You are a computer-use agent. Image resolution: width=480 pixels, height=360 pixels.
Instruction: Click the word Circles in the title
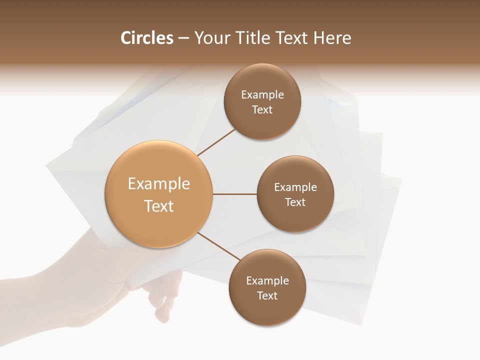(x=146, y=38)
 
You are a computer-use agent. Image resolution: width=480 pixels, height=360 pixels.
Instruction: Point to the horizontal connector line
(x=234, y=193)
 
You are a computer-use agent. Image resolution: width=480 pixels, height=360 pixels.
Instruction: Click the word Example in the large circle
(x=158, y=184)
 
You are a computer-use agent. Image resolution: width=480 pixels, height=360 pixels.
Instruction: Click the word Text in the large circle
(x=158, y=206)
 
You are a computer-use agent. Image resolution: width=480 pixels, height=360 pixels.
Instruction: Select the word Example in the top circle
(x=262, y=94)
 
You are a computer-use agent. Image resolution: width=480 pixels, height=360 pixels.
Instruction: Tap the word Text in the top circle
(x=262, y=109)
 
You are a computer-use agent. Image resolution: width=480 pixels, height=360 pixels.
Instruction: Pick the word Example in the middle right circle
(x=295, y=187)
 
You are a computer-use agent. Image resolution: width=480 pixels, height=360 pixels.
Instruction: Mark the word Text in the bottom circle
(x=267, y=295)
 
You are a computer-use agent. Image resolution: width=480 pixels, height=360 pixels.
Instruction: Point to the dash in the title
(x=183, y=38)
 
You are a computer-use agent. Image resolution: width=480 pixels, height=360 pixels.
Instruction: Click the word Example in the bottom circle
(x=267, y=280)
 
